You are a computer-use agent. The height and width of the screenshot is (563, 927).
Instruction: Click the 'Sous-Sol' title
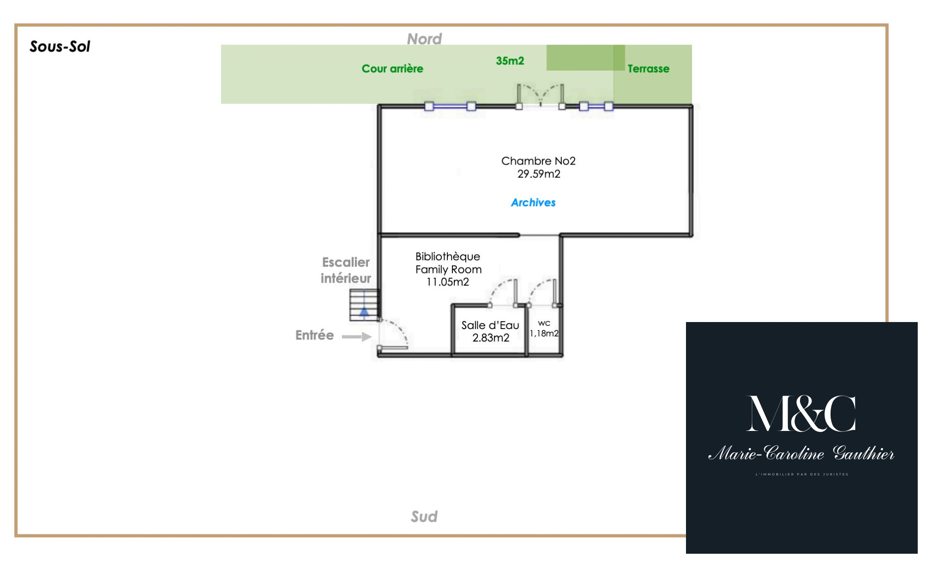pos(60,46)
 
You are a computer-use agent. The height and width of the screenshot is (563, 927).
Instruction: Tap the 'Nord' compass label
pos(424,39)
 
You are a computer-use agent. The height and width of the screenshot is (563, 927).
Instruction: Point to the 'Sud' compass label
pos(424,516)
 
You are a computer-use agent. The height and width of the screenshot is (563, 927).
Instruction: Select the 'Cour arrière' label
pos(392,69)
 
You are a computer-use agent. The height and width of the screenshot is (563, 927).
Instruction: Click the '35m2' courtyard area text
pos(510,61)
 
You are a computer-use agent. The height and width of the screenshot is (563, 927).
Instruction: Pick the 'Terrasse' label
pos(648,69)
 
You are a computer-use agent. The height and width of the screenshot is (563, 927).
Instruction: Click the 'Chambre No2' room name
pos(538,161)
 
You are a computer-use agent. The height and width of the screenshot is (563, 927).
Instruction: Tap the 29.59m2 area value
pos(539,174)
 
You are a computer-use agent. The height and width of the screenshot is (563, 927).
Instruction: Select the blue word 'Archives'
pos(533,202)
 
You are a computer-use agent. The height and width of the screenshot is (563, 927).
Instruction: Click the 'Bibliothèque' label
pos(448,257)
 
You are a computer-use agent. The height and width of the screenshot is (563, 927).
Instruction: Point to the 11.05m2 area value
pos(448,282)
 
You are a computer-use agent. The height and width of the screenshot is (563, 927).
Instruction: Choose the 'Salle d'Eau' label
pos(490,325)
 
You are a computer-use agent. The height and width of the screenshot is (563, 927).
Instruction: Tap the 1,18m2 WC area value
pos(544,333)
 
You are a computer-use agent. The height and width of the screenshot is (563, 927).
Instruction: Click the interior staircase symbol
pos(364,305)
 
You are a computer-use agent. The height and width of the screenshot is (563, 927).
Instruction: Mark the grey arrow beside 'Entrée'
pos(356,337)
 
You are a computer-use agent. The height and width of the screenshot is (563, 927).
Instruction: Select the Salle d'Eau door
pos(502,292)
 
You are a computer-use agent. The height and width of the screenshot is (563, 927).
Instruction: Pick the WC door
pos(542,292)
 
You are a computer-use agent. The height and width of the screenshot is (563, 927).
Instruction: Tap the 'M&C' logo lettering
pos(801,414)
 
